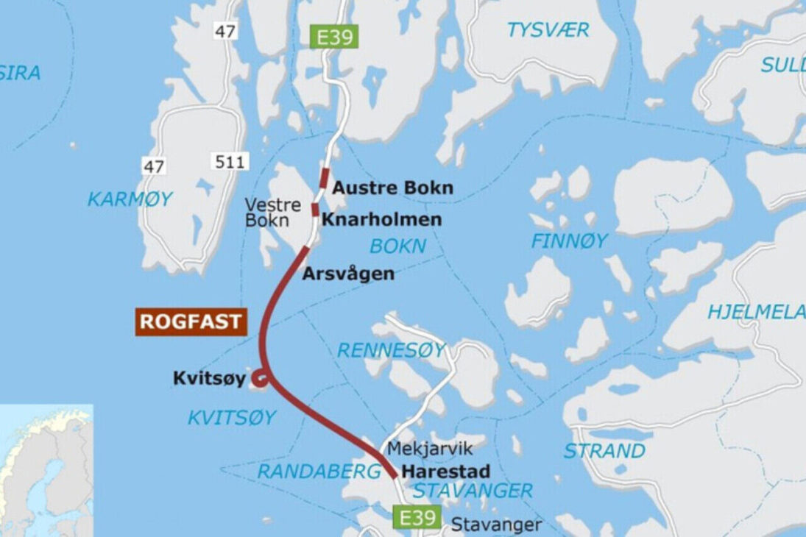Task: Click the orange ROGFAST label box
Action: (191, 321)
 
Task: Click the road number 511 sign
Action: (229, 161)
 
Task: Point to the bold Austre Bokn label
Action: (392, 188)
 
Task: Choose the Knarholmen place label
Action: (382, 219)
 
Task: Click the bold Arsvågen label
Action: (348, 274)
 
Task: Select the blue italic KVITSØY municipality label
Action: (232, 418)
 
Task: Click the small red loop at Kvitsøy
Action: (260, 380)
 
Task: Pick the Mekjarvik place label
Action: (430, 448)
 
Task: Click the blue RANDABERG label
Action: (318, 472)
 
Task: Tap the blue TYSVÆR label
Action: (548, 30)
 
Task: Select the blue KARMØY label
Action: (130, 199)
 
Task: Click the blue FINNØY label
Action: (569, 241)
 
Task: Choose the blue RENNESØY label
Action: (391, 350)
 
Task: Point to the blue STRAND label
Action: (604, 451)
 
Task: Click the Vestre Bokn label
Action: (272, 212)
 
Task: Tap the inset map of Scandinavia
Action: (46, 471)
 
